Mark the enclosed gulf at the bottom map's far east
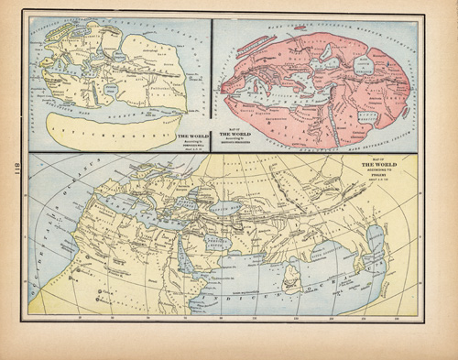pos(374,243)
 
